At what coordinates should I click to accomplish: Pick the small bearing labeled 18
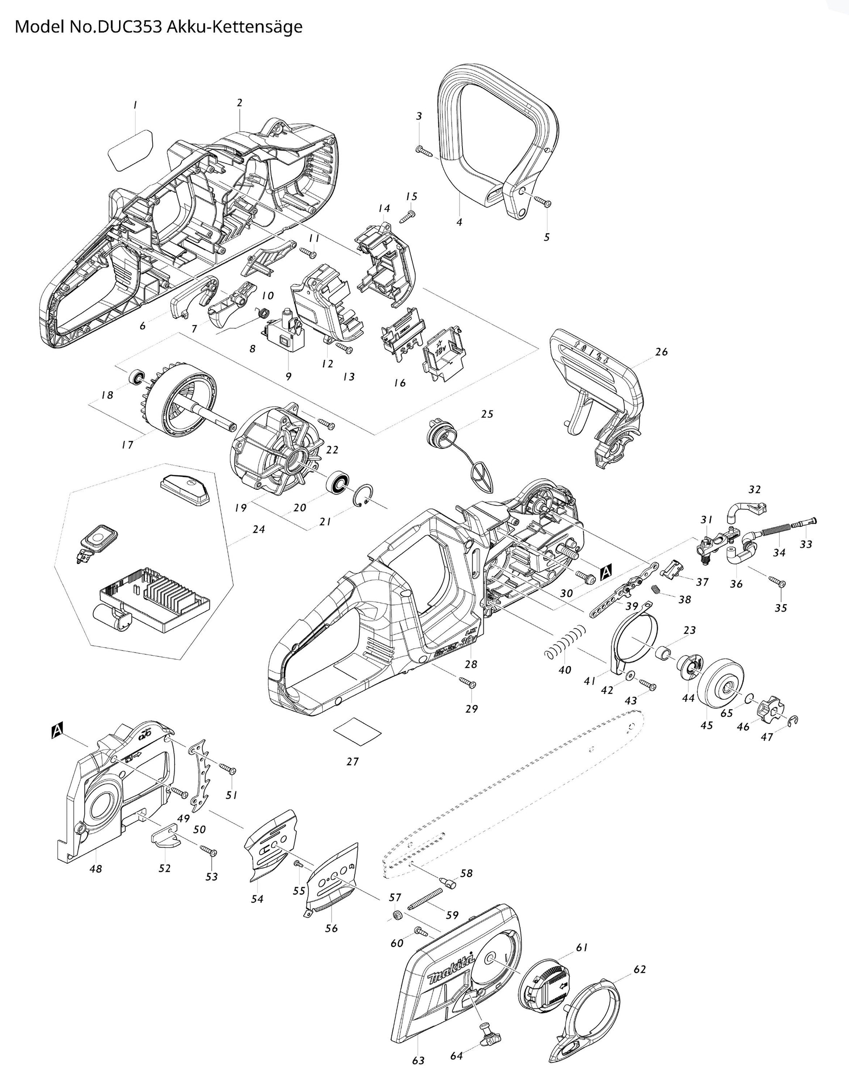pos(137,378)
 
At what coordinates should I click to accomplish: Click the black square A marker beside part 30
pos(606,572)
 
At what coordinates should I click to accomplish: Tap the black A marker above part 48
pos(57,729)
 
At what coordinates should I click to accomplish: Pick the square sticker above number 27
pos(356,732)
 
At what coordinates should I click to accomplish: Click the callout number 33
pos(806,544)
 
